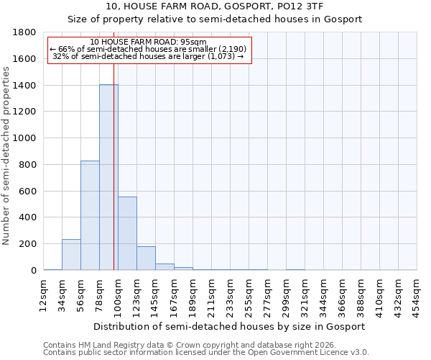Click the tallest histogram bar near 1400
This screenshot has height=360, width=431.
point(108,177)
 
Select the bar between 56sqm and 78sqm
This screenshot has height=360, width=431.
point(90,215)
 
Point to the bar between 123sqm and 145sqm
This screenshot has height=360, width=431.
point(146,258)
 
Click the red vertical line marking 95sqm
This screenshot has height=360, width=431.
point(113,180)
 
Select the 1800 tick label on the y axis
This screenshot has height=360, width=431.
point(25,32)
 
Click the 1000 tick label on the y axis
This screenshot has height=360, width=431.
point(25,138)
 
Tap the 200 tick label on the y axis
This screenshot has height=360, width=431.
point(28,244)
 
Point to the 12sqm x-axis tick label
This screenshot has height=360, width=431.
point(44,294)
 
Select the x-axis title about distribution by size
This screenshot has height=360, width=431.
point(230,326)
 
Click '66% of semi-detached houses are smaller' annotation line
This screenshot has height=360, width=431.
point(149,49)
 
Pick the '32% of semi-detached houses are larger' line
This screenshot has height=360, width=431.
point(149,56)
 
